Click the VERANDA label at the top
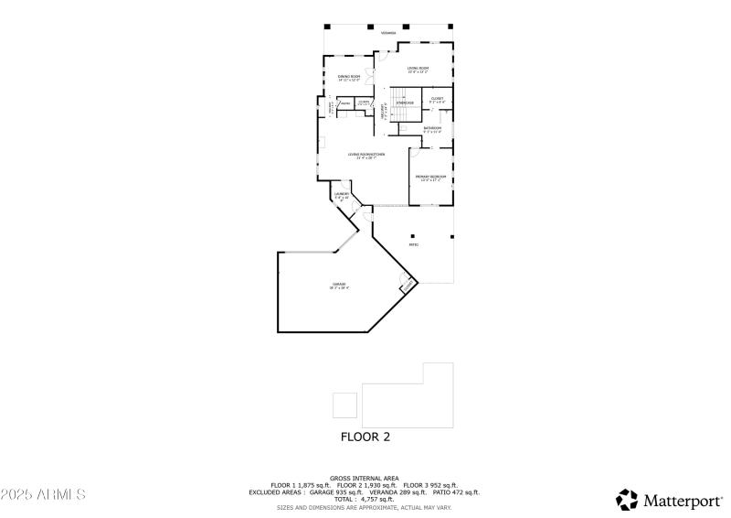(x=388, y=33)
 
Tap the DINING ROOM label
(x=349, y=78)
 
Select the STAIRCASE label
(x=405, y=103)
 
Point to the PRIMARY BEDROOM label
(x=430, y=178)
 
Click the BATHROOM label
(x=432, y=129)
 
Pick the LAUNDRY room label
(x=342, y=196)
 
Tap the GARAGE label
(x=339, y=286)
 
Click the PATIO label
(x=413, y=244)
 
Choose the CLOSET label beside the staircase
(x=437, y=99)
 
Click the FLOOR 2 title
(x=365, y=437)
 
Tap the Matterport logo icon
(x=627, y=500)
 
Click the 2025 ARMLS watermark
(x=43, y=494)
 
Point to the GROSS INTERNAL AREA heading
(x=365, y=478)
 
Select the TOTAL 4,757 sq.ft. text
(x=365, y=499)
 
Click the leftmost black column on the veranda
(x=326, y=27)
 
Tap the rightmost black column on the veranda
(x=450, y=27)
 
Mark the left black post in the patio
(x=413, y=235)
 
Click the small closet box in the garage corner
(x=406, y=286)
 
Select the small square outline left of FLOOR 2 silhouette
(x=344, y=405)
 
